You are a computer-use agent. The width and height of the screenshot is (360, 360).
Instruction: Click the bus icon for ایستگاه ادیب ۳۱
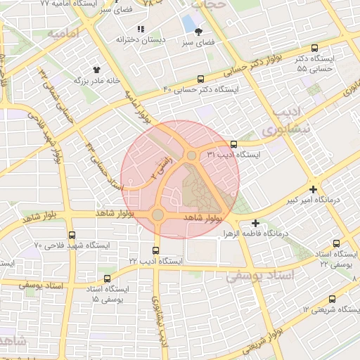point(233,144)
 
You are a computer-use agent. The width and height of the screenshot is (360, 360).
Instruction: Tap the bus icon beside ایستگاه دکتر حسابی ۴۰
point(201,79)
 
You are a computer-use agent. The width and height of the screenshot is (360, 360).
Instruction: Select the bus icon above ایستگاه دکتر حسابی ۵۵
point(314,49)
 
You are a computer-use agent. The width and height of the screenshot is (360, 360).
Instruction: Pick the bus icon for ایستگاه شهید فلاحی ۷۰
point(71,235)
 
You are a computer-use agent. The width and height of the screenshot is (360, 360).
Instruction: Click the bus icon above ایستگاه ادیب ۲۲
point(155,250)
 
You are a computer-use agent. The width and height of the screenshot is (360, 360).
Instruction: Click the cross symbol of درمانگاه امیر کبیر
point(313,190)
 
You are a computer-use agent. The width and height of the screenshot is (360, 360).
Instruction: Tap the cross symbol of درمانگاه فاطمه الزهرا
point(255,223)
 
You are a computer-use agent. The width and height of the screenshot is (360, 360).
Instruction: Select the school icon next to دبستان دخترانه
point(140,29)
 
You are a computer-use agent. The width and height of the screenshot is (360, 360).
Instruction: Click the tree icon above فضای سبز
point(199,32)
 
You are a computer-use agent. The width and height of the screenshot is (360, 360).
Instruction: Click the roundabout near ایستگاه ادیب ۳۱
point(191,155)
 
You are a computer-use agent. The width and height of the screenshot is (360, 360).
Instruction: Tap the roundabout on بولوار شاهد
point(157,214)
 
